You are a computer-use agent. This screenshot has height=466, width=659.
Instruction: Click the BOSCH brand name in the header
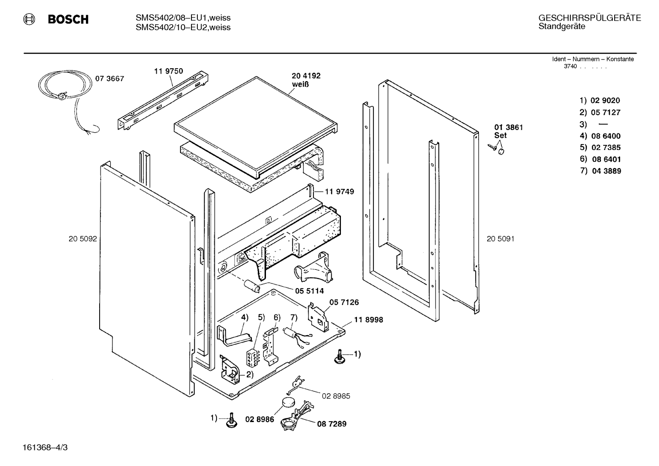click(x=68, y=19)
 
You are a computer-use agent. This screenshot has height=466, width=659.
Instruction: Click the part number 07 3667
click(x=109, y=79)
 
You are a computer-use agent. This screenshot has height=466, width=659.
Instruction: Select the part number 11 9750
click(x=169, y=71)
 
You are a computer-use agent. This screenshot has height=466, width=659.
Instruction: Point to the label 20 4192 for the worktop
click(x=306, y=75)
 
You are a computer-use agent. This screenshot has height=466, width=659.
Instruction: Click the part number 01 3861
click(x=509, y=127)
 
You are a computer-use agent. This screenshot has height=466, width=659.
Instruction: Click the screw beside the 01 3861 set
click(x=492, y=147)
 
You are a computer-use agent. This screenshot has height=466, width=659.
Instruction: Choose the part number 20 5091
click(x=500, y=239)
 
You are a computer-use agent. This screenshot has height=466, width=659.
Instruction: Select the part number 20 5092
click(x=83, y=239)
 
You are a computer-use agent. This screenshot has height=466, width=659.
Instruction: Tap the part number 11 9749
click(x=340, y=192)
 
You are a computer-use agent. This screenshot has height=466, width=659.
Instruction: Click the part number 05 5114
click(x=309, y=291)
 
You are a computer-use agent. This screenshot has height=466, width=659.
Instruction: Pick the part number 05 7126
click(x=344, y=302)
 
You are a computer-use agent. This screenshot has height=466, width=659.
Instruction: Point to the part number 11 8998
click(x=369, y=320)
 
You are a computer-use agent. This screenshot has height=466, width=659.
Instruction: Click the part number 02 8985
click(x=336, y=396)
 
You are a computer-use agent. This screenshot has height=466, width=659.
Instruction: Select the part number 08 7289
click(x=332, y=424)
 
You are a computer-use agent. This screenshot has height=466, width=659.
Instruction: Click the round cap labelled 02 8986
click(x=288, y=402)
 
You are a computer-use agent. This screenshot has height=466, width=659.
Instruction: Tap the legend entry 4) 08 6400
click(x=600, y=136)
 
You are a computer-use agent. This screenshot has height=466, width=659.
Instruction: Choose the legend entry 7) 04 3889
click(x=601, y=171)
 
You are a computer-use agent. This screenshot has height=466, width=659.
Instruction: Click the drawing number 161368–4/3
click(x=45, y=448)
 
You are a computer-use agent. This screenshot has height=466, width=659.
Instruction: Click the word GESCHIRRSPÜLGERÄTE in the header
click(x=590, y=18)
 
